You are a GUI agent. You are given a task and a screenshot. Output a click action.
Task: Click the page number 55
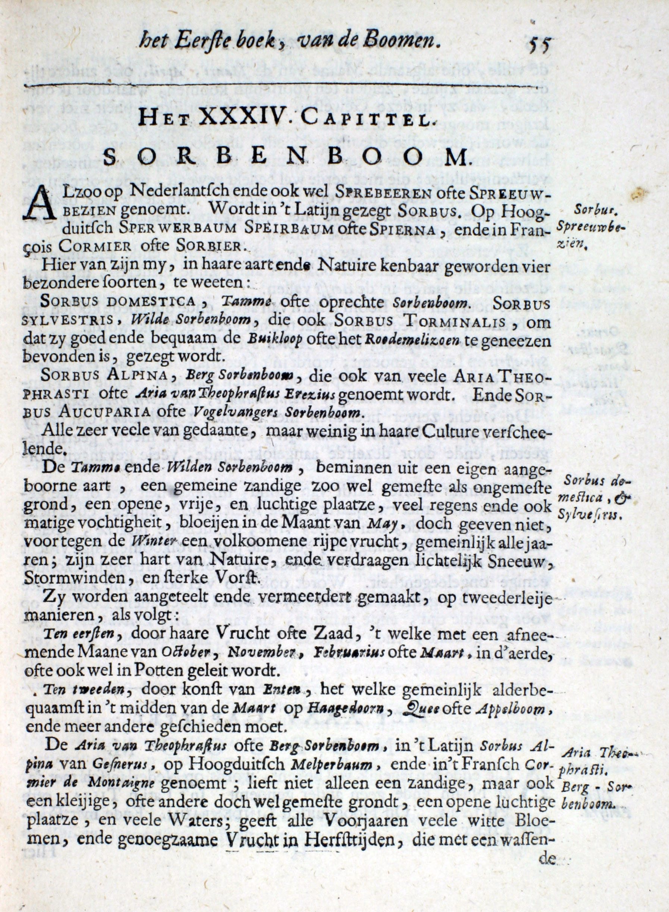tap(539, 44)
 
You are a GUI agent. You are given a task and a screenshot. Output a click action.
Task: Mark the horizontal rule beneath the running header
tap(282, 86)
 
